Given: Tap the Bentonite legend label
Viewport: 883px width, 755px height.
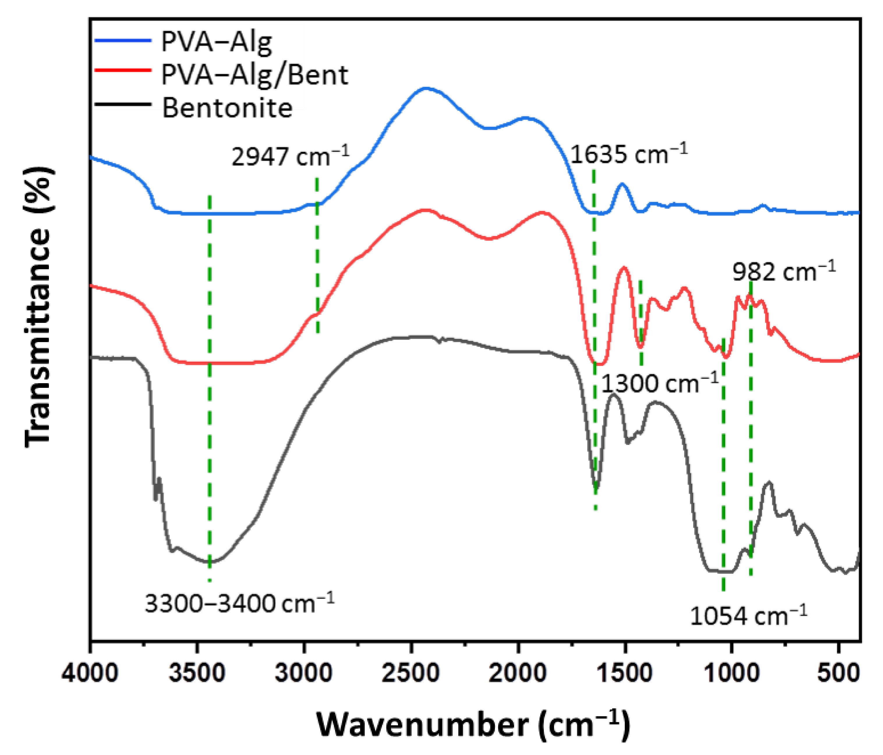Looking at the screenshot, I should [227, 108].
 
